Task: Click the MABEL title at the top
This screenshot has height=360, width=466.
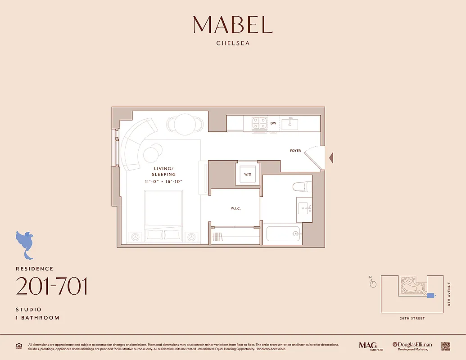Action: (233, 25)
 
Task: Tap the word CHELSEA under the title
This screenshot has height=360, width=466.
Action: (233, 44)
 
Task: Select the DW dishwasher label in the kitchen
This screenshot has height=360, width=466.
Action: (273, 123)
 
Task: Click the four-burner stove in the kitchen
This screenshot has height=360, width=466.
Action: (259, 123)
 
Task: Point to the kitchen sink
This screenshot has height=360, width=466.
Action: (290, 123)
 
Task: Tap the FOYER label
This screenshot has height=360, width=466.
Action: (295, 151)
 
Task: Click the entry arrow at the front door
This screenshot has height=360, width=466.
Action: (331, 158)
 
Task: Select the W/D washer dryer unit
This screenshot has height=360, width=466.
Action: (248, 174)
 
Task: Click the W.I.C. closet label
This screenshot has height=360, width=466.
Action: (235, 208)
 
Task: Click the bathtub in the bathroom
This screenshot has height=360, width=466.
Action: (282, 234)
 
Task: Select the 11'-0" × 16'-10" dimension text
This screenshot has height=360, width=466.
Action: (163, 181)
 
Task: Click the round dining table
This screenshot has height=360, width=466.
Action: (184, 124)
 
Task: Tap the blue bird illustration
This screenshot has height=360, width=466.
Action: (26, 243)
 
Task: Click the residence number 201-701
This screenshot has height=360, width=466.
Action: (52, 287)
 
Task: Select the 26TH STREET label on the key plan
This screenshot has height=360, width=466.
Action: (412, 318)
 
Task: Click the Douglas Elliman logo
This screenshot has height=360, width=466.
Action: (412, 346)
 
